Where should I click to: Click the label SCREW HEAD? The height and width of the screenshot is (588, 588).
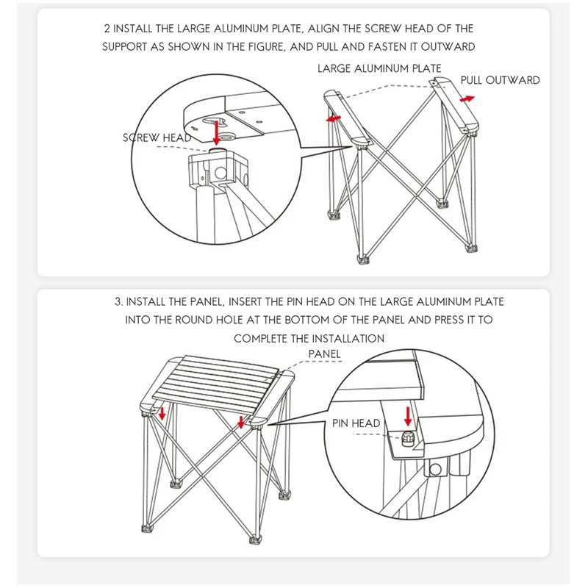click(x=157, y=137)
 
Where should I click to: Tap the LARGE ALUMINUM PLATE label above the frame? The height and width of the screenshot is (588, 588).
click(x=379, y=68)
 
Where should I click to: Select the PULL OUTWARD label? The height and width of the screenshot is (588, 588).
click(x=500, y=80)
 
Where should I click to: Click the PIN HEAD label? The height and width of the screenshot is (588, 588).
click(x=356, y=423)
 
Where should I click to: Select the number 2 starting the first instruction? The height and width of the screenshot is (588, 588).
click(x=107, y=29)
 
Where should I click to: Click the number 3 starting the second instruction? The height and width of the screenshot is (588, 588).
click(x=118, y=301)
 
